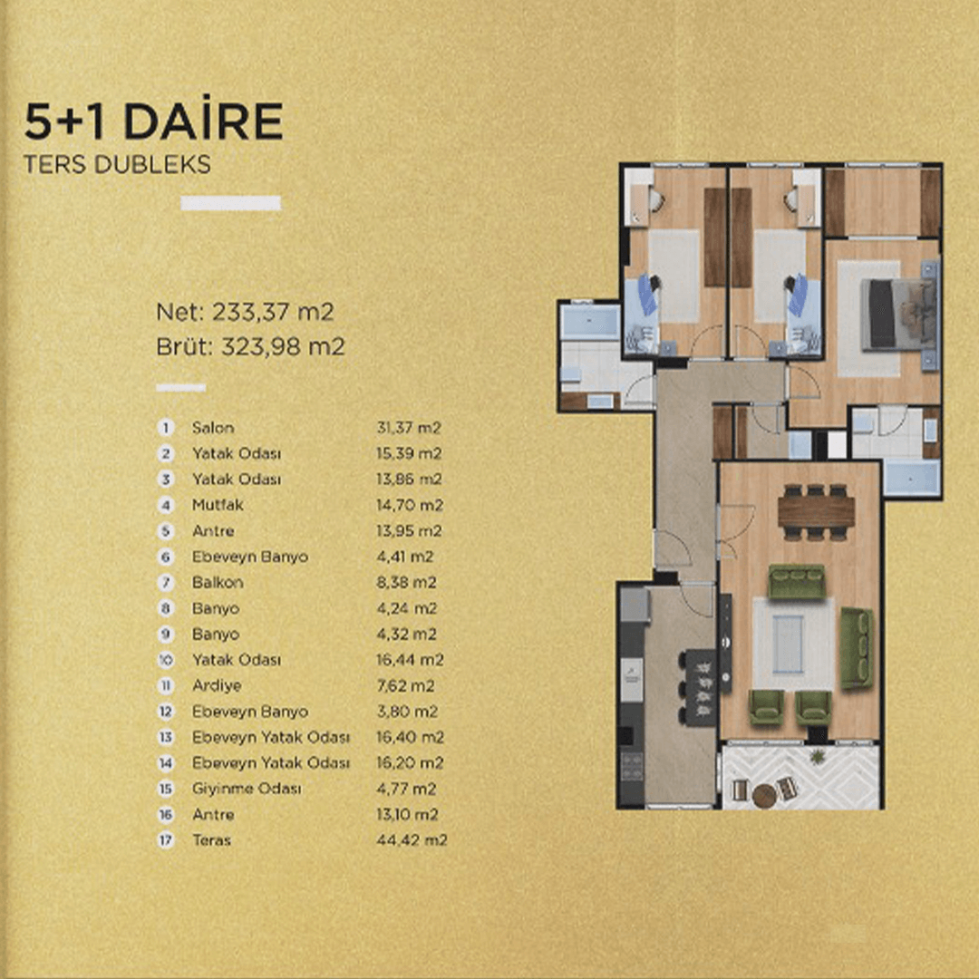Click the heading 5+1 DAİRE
click(x=153, y=121)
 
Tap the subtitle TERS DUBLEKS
click(x=117, y=164)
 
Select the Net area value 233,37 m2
click(x=273, y=312)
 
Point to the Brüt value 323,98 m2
click(x=283, y=346)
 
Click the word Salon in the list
click(x=213, y=428)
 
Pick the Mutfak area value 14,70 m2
click(x=410, y=505)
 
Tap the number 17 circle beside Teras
click(x=166, y=839)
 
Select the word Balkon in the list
click(x=218, y=582)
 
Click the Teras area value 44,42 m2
click(x=412, y=839)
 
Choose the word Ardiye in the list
click(x=217, y=685)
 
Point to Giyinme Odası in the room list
click(x=247, y=789)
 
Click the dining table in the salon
click(x=816, y=511)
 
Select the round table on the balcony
click(x=764, y=796)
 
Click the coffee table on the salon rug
click(x=788, y=644)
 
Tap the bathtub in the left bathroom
click(x=589, y=321)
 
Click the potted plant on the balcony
click(x=817, y=757)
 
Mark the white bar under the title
click(x=231, y=203)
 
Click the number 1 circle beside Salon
click(x=166, y=428)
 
